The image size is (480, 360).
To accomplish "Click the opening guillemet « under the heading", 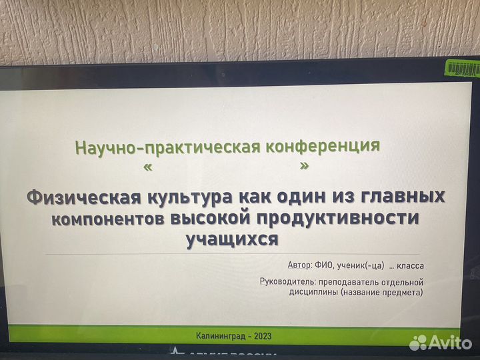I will tap(147, 167).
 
